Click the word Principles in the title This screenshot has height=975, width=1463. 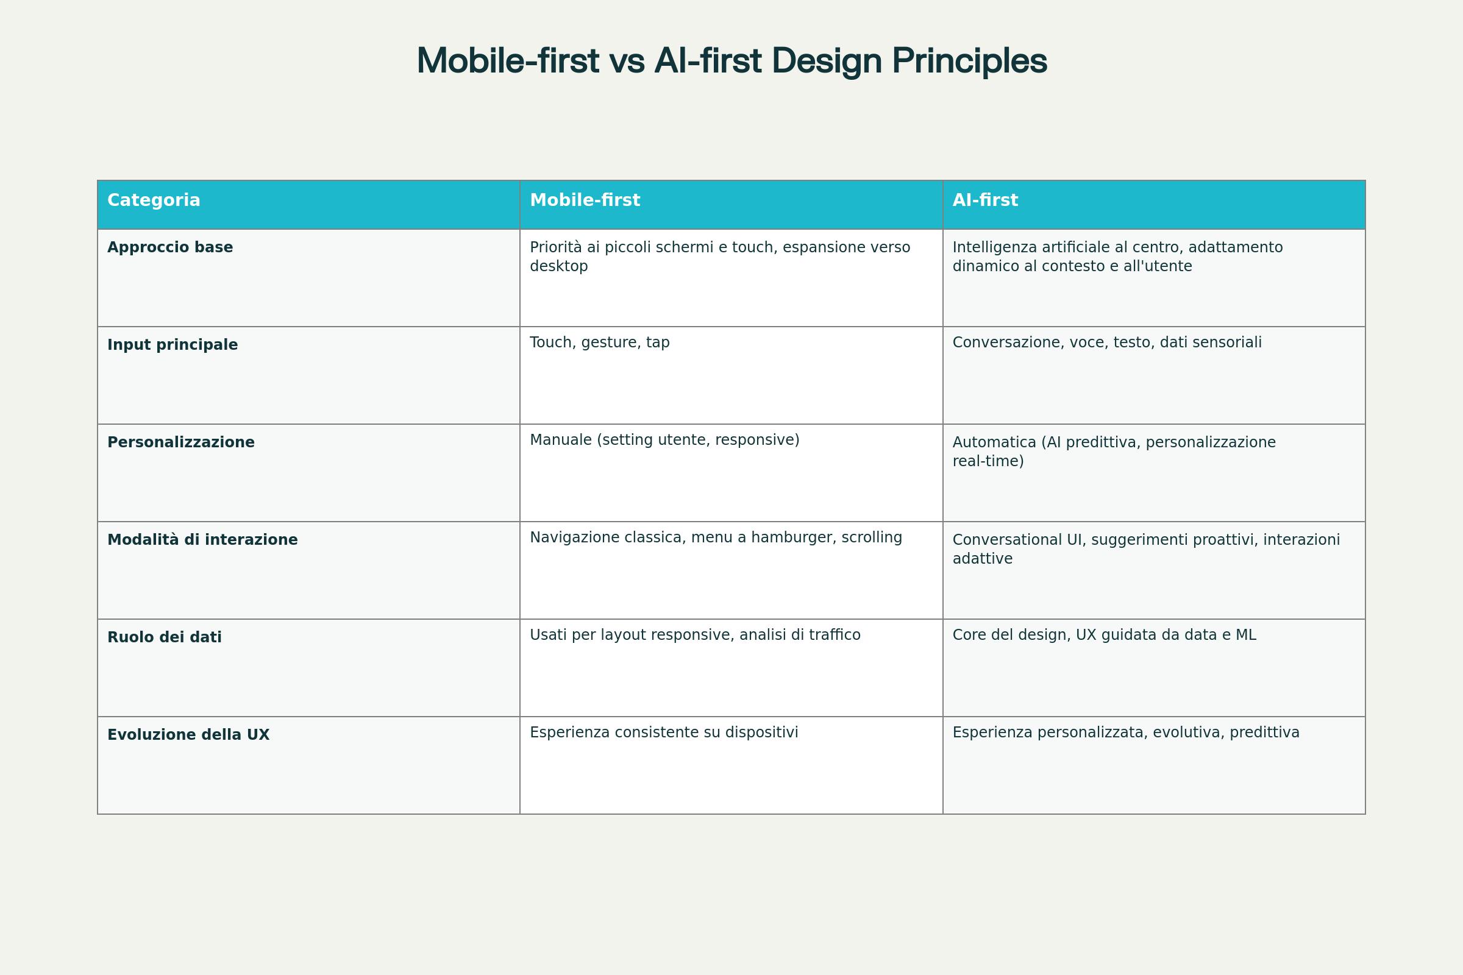969,62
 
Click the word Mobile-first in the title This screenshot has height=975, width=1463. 508,62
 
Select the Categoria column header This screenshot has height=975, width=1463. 154,200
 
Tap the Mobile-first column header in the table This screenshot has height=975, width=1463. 585,200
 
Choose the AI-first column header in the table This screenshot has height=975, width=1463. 984,200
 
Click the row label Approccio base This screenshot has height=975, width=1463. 170,247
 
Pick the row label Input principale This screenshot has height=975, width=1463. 173,345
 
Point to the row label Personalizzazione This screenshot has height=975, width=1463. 181,443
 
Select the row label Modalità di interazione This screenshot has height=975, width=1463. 202,540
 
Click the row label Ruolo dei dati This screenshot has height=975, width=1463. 164,637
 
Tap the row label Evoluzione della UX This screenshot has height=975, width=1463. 188,735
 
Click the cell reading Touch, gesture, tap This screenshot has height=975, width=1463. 600,342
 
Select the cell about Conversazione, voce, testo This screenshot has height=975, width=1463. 1106,342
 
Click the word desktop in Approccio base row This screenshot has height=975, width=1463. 558,266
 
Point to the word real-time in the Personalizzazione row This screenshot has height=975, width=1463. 988,461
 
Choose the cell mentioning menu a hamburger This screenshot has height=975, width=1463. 715,538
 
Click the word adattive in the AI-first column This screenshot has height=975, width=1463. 982,559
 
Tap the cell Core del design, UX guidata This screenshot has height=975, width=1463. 1104,635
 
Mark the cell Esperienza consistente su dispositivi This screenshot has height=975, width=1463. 664,732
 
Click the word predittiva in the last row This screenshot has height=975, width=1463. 1264,732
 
